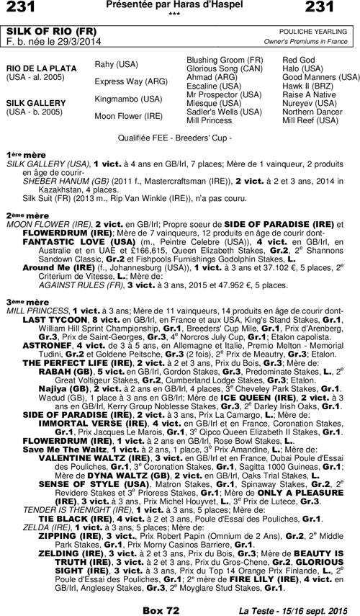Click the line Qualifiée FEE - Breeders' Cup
coord(179,135)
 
